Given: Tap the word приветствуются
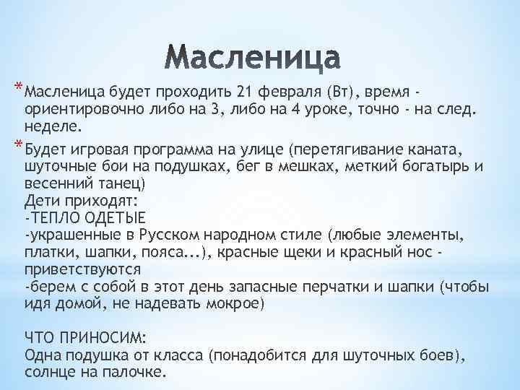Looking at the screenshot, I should click(x=73, y=269).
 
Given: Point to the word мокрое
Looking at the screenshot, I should click(x=235, y=303).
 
